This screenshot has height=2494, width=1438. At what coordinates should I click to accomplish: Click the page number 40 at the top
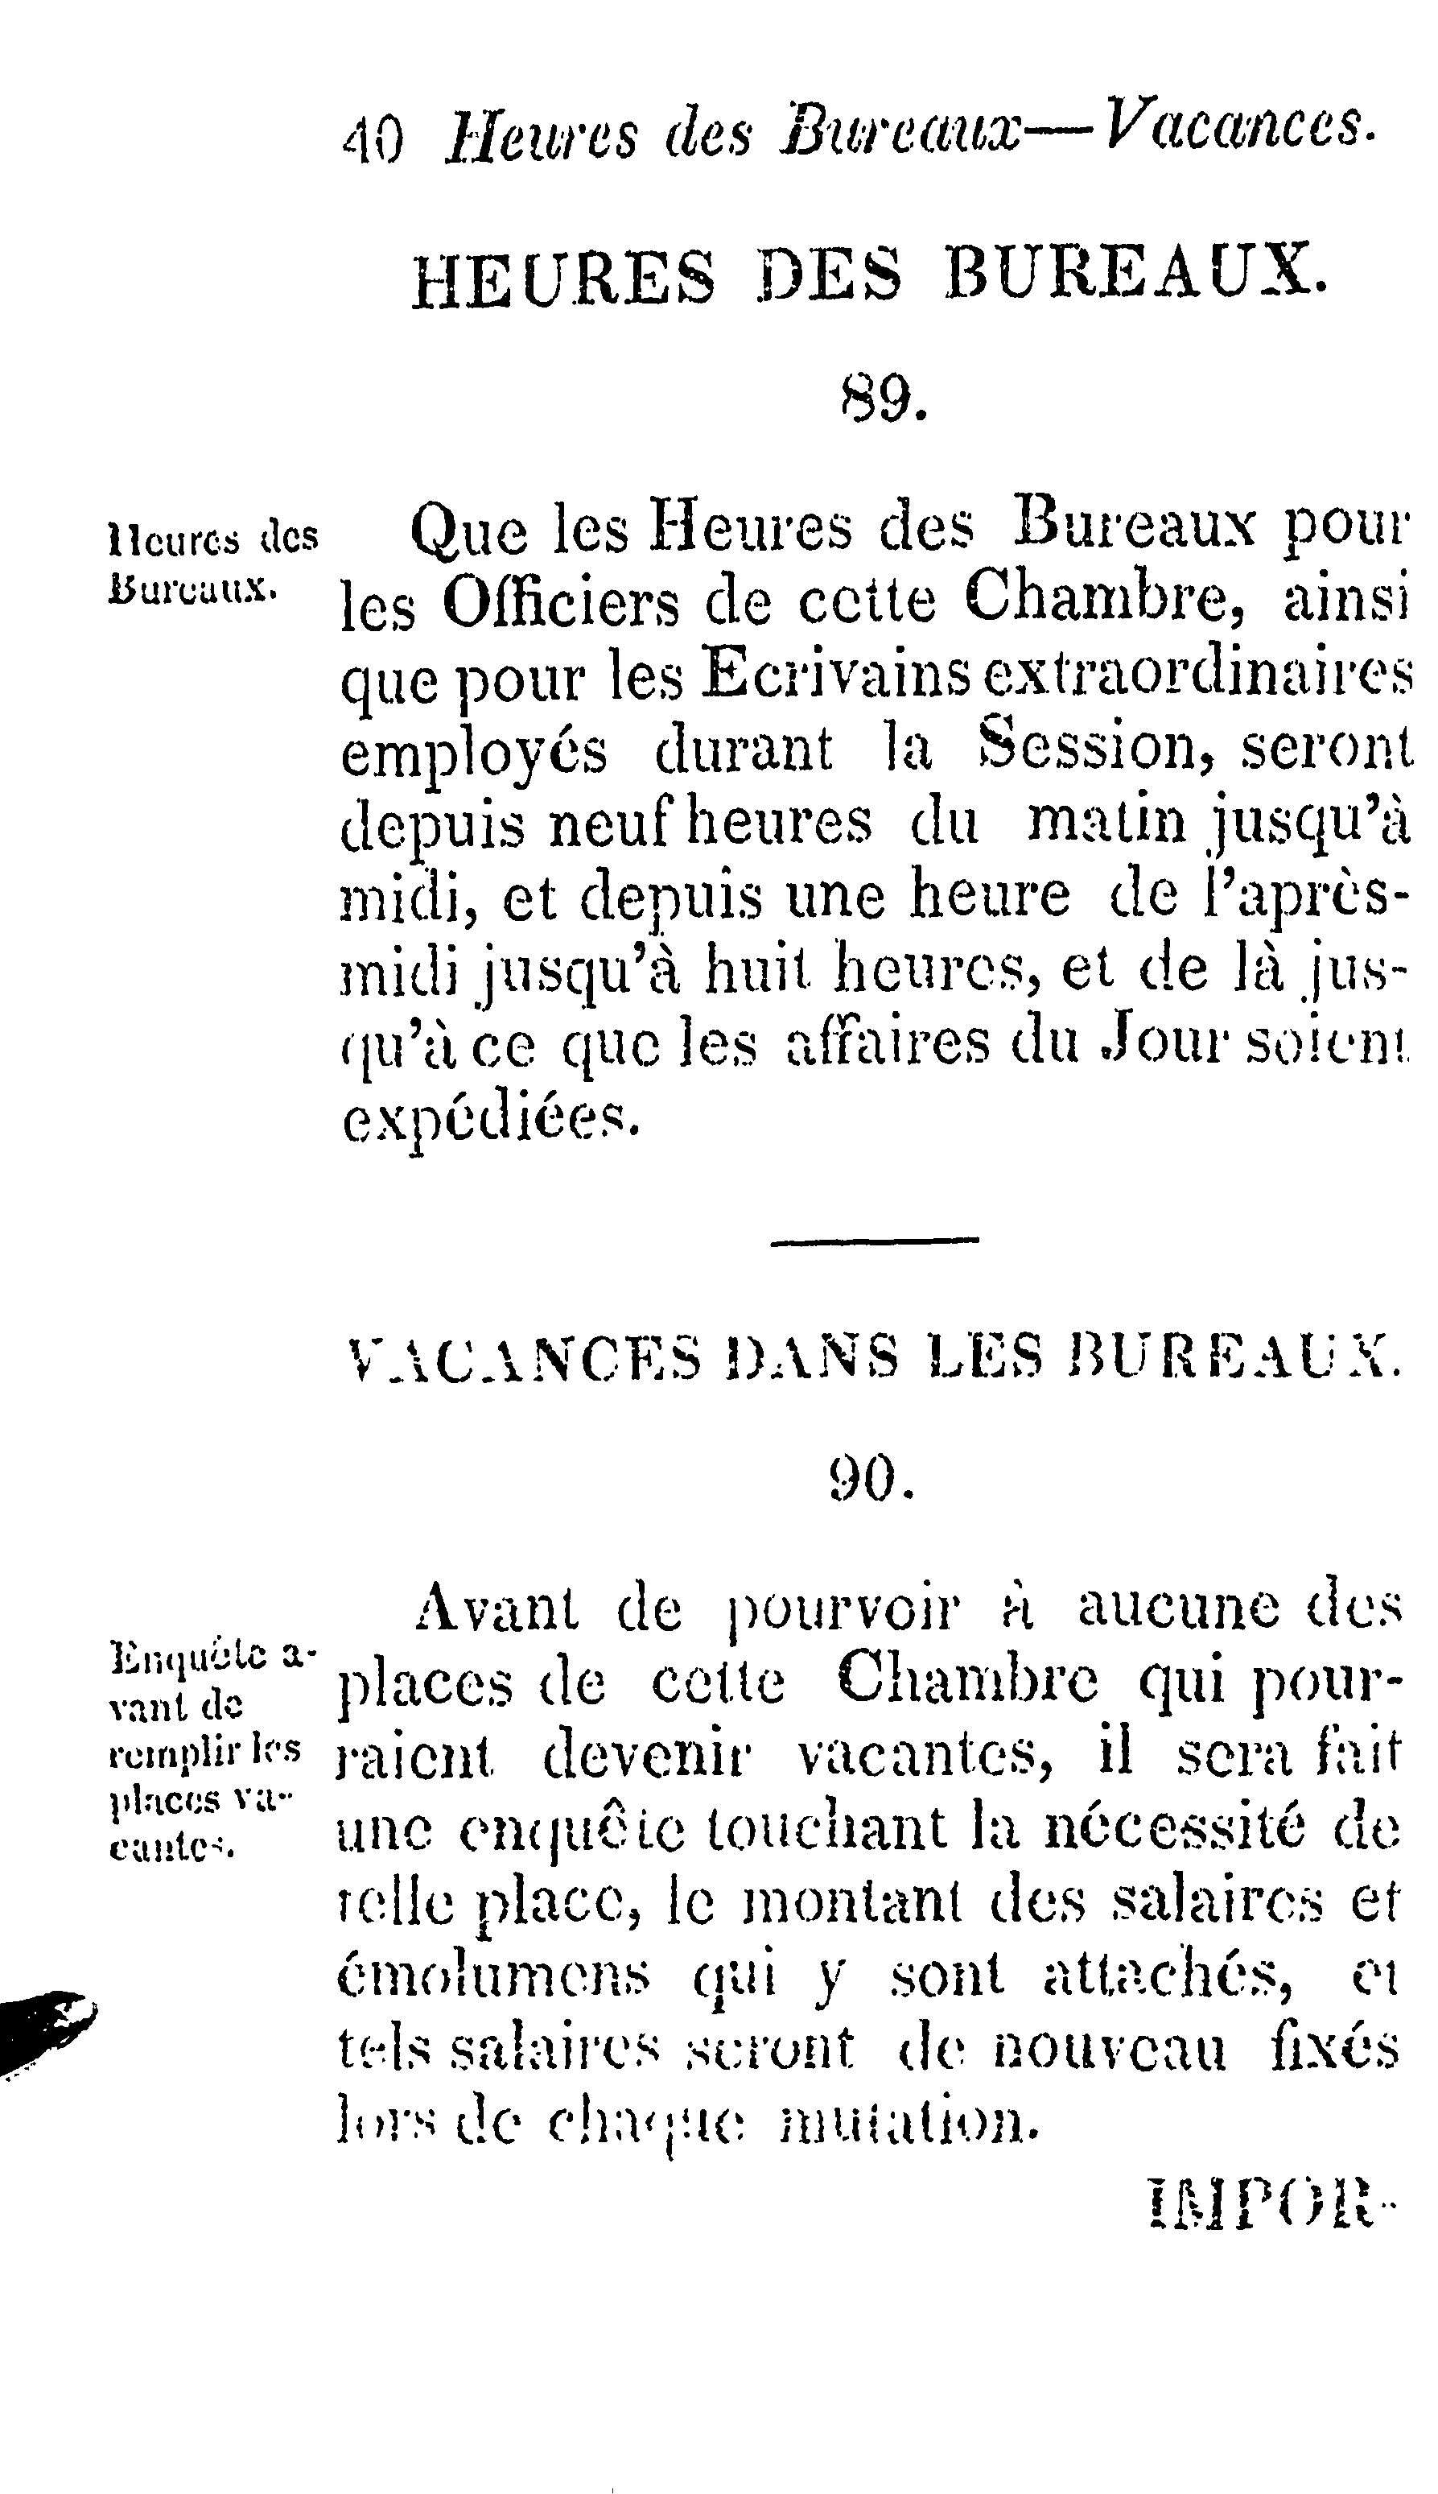tap(373, 139)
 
